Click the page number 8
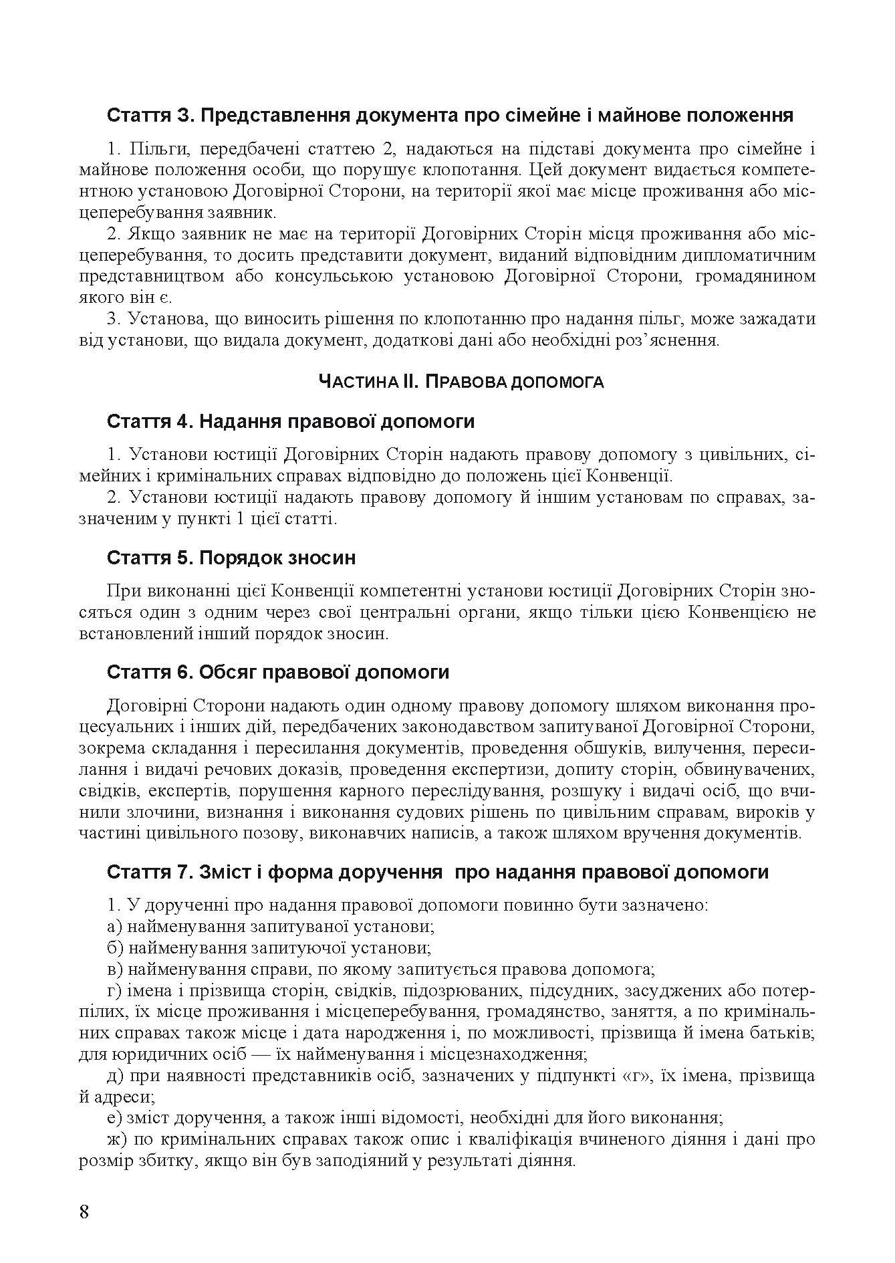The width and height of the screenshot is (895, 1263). (84, 1212)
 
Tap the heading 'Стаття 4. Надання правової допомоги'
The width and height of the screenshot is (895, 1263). (291, 422)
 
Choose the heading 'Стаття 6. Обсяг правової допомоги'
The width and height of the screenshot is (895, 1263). (277, 672)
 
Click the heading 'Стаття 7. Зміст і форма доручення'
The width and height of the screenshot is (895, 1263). (438, 872)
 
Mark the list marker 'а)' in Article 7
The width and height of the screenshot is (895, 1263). (114, 927)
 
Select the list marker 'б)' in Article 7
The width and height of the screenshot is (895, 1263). (114, 948)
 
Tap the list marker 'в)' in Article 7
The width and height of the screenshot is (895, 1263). (114, 969)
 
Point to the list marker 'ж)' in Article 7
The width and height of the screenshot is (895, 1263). (116, 1139)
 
